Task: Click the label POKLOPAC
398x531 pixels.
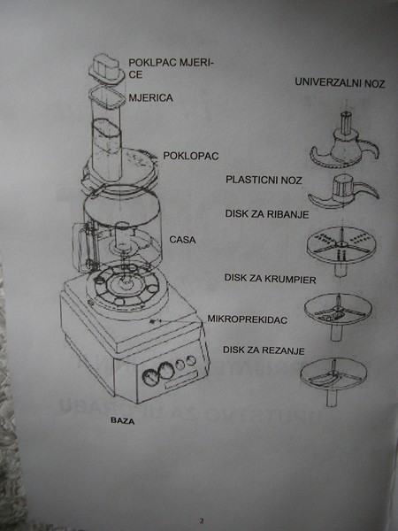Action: pos(191,156)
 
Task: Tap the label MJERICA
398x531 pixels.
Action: pos(150,98)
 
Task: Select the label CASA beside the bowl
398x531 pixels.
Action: pos(182,240)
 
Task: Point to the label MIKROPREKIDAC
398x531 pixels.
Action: pos(248,319)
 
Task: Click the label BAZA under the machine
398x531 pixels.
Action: pos(123,420)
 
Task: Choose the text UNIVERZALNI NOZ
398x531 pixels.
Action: pos(340,82)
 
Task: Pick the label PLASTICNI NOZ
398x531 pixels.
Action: pos(264,180)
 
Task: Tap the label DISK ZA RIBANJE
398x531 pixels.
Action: pos(267,214)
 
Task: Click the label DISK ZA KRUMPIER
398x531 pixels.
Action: pos(270,279)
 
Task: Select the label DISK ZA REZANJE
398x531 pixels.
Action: pos(264,350)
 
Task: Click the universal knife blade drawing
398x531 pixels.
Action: pos(345,142)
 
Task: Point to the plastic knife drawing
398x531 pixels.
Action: pos(343,192)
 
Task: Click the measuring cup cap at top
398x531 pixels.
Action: pos(107,71)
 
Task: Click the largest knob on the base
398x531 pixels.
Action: pos(150,377)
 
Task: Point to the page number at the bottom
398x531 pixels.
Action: pos(202,521)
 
